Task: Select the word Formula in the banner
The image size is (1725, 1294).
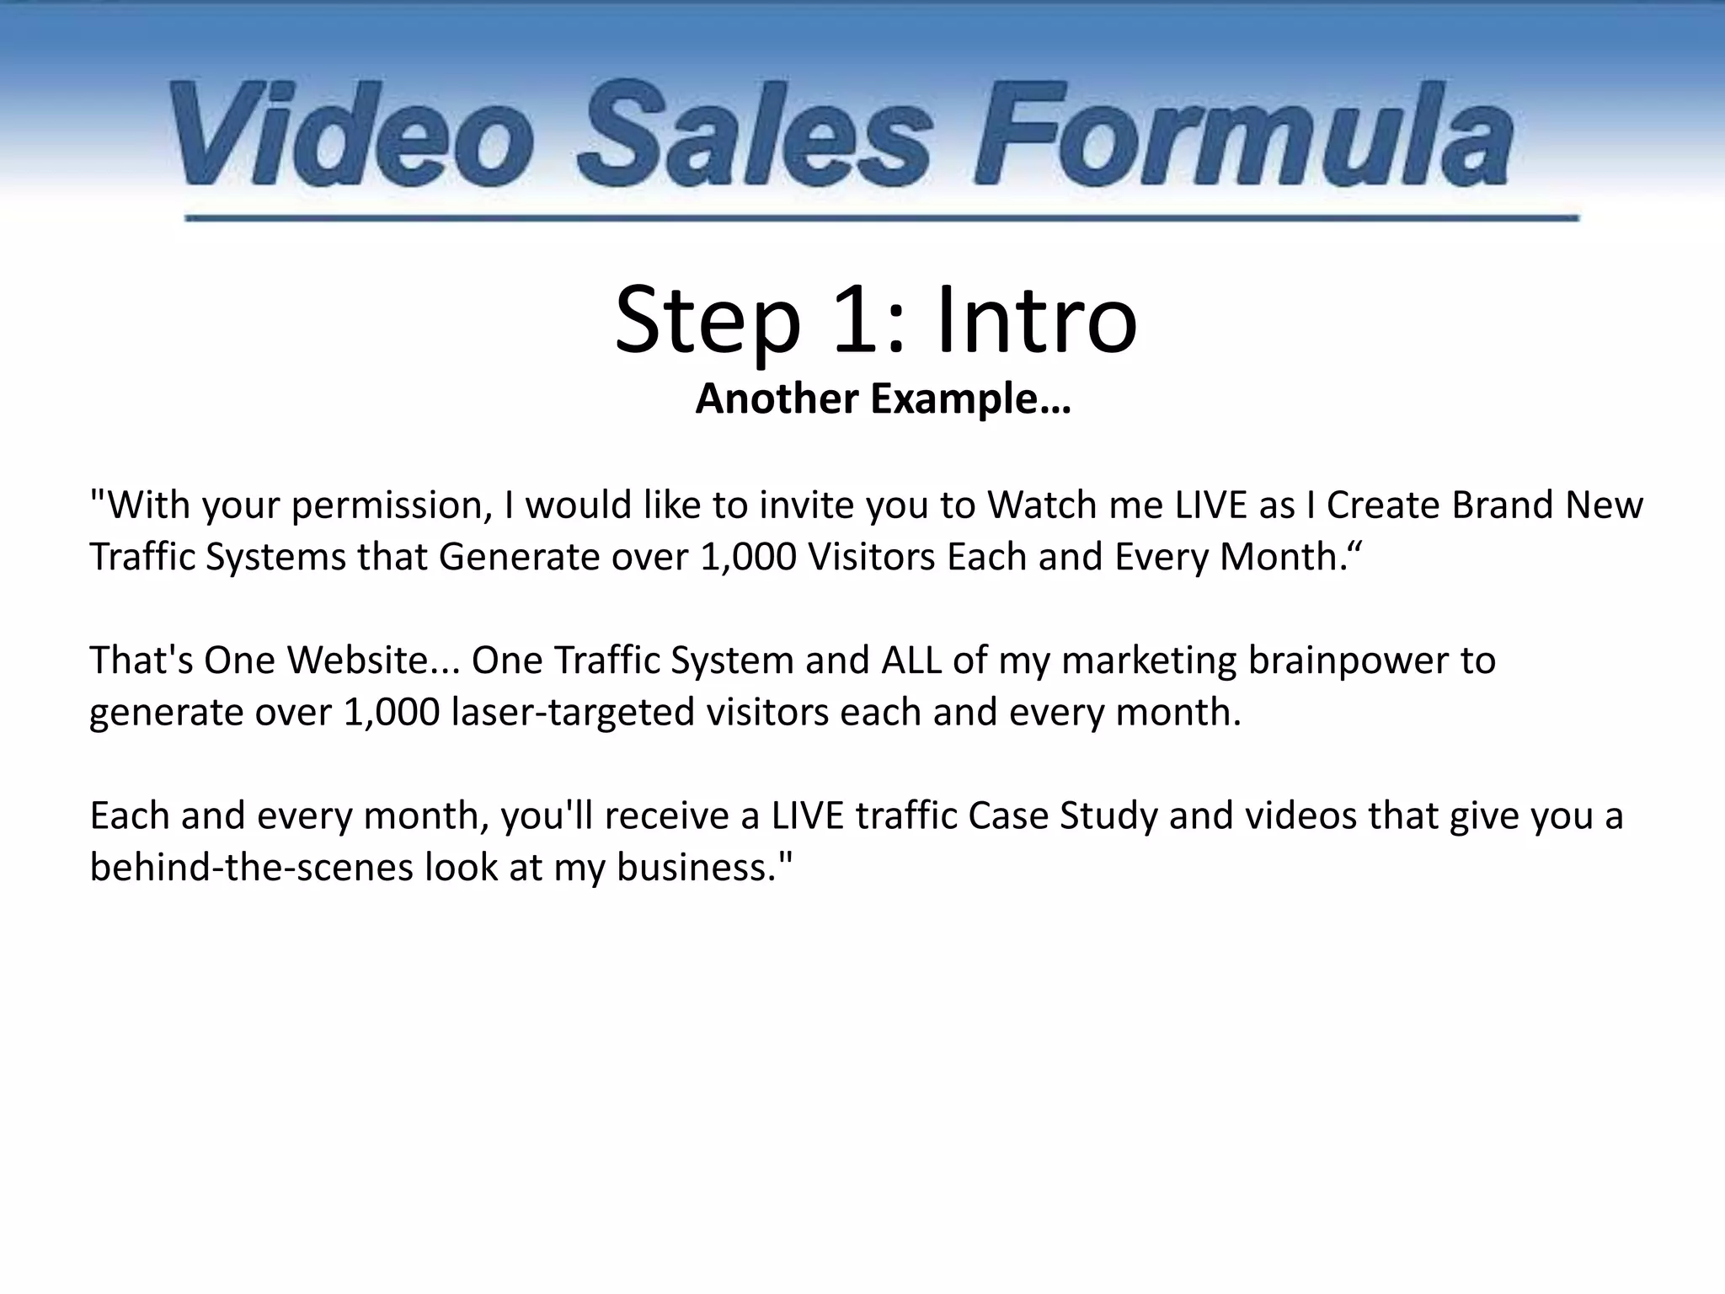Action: [1242, 135]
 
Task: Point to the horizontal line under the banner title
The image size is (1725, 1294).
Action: [881, 218]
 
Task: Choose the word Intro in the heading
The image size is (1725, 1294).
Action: [1036, 321]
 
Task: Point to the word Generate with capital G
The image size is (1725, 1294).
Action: [520, 558]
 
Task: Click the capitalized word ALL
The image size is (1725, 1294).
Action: [911, 661]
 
